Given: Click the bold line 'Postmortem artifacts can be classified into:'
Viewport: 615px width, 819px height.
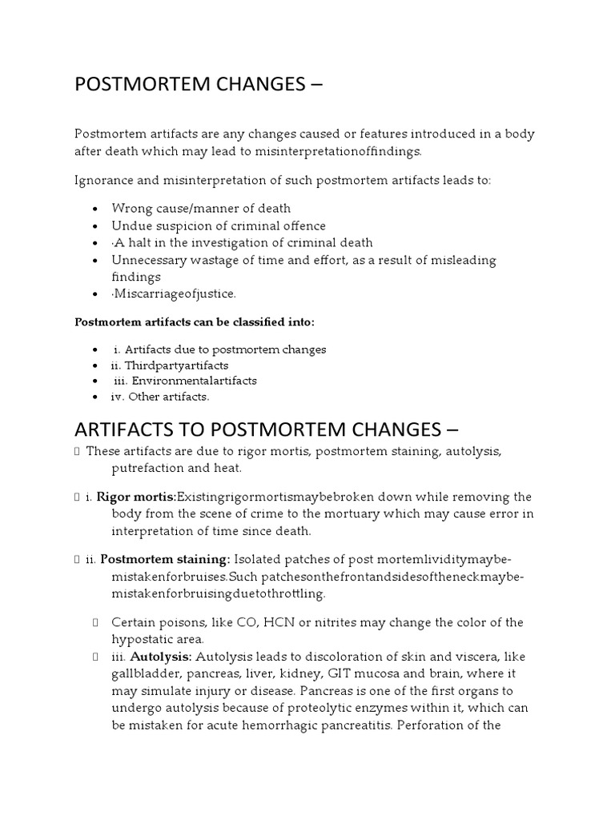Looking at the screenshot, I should [x=195, y=322].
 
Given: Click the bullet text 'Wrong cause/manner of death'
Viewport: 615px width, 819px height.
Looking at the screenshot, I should [x=201, y=209].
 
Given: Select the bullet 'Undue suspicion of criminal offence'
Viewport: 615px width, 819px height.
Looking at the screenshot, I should [x=219, y=226].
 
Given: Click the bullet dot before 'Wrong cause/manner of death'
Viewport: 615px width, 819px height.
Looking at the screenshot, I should [x=95, y=210].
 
